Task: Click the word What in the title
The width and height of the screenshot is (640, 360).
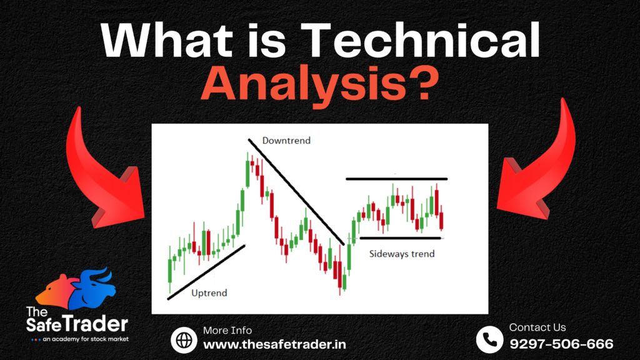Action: coord(172,41)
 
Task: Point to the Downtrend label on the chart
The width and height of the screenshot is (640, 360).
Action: coord(286,141)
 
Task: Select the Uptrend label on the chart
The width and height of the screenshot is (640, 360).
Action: coord(209,293)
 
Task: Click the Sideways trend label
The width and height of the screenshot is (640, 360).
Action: coord(402,254)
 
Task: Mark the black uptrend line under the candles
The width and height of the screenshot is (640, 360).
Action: coord(206,272)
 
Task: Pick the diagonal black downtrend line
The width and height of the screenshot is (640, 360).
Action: coord(296,192)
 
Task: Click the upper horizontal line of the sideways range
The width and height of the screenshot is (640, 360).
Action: coord(396,179)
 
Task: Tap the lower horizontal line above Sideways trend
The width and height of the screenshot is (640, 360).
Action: coord(400,238)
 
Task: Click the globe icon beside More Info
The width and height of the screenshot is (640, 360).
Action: coord(184,339)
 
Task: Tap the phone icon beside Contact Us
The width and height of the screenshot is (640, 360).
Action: coord(489,339)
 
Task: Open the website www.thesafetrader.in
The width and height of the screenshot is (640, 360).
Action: coord(274,344)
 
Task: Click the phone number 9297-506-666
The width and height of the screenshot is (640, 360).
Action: coord(561,344)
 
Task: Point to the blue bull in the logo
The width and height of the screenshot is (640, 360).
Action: coord(93,288)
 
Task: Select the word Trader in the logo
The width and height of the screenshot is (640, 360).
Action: coord(101,324)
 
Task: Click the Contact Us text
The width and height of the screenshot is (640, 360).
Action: coord(537,327)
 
